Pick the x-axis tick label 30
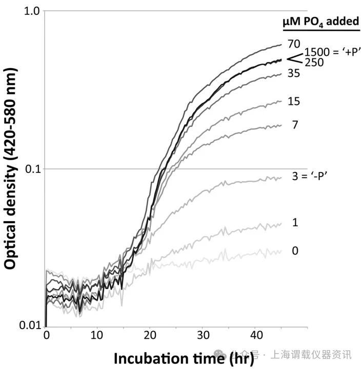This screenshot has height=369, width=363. pyautogui.click(x=203, y=336)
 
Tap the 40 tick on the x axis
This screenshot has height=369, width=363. pyautogui.click(x=255, y=336)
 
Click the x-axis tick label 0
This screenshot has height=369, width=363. pyautogui.click(x=46, y=336)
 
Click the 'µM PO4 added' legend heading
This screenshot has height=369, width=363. pyautogui.click(x=320, y=21)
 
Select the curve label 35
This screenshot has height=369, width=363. pyautogui.click(x=294, y=73)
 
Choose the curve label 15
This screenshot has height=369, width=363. pyautogui.click(x=294, y=101)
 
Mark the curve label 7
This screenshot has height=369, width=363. pyautogui.click(x=294, y=124)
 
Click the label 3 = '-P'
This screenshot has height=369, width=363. pyautogui.click(x=310, y=176)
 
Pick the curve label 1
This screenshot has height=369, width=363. pyautogui.click(x=294, y=223)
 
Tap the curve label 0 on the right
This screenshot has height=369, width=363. pyautogui.click(x=294, y=251)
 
